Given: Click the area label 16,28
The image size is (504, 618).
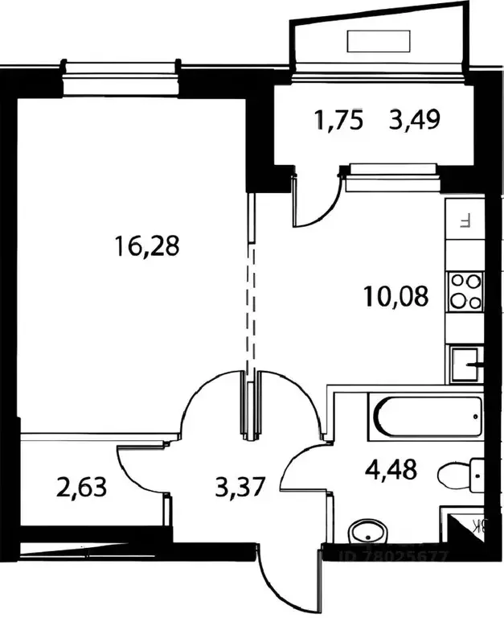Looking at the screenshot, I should [x=147, y=245].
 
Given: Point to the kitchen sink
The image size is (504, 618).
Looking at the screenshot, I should [x=464, y=364].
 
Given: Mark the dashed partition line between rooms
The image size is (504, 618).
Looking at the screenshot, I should [x=250, y=306].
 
